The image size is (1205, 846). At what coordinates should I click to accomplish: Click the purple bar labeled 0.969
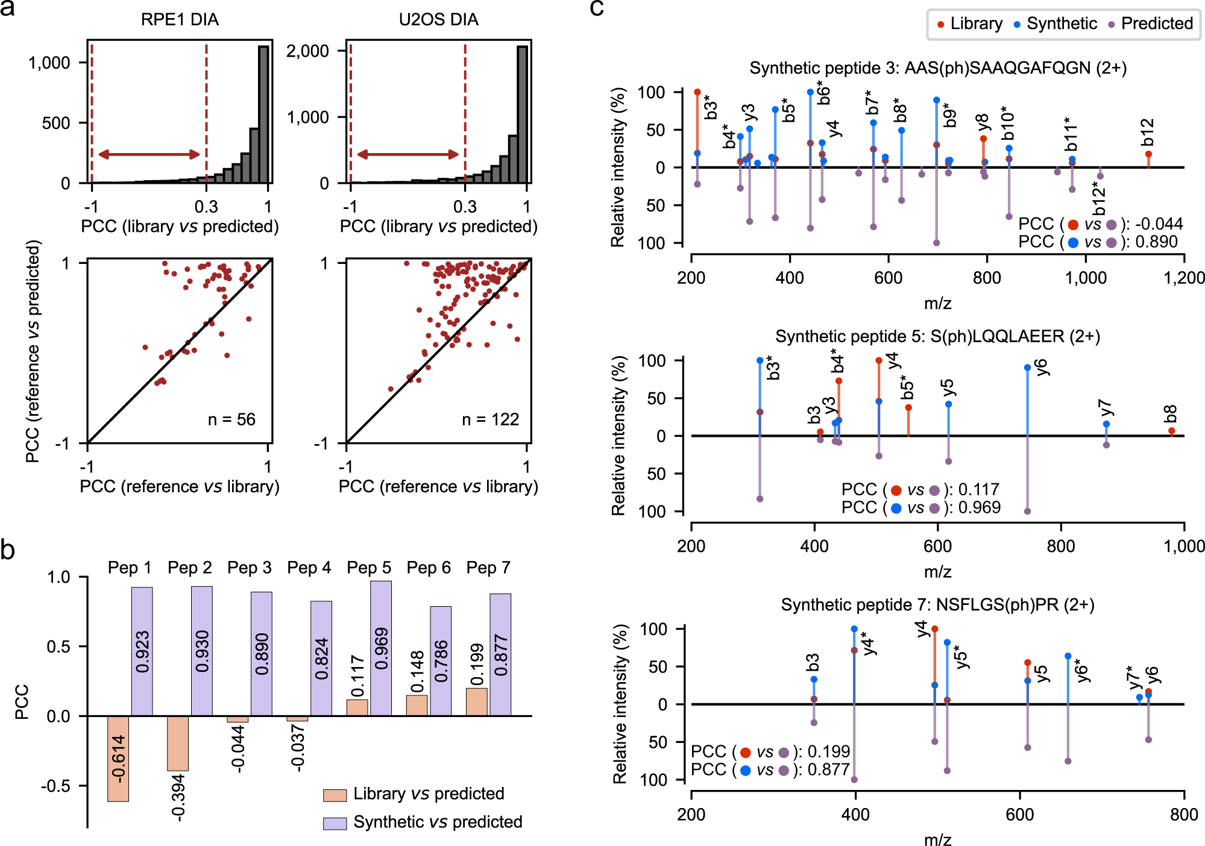pyautogui.click(x=380, y=648)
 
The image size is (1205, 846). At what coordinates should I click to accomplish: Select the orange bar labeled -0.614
pyautogui.click(x=118, y=758)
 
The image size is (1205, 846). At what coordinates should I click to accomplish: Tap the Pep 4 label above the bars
pyautogui.click(x=309, y=568)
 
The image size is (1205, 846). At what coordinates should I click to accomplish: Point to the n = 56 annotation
pyautogui.click(x=231, y=419)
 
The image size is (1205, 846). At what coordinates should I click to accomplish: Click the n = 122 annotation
pyautogui.click(x=490, y=419)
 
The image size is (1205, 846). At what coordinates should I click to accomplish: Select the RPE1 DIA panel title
pyautogui.click(x=180, y=20)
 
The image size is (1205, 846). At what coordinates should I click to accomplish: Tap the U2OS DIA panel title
pyautogui.click(x=438, y=20)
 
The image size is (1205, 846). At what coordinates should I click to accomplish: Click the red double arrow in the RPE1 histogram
pyautogui.click(x=149, y=154)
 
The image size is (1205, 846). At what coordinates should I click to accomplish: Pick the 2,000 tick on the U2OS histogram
pyautogui.click(x=307, y=51)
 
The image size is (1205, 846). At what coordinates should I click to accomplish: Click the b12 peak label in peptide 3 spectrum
pyautogui.click(x=1147, y=133)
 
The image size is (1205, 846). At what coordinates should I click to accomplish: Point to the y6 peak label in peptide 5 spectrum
pyautogui.click(x=1041, y=368)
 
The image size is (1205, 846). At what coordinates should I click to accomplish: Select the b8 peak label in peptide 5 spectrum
pyautogui.click(x=1170, y=414)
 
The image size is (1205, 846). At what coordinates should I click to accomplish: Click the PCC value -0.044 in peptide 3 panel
pyautogui.click(x=1159, y=224)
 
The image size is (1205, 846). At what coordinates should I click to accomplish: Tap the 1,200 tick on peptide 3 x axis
pyautogui.click(x=1184, y=278)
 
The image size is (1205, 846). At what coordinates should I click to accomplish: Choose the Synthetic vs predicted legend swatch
pyautogui.click(x=335, y=823)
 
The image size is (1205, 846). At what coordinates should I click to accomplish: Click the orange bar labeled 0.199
pyautogui.click(x=477, y=702)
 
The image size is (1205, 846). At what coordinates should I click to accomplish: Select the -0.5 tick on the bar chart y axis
pyautogui.click(x=59, y=786)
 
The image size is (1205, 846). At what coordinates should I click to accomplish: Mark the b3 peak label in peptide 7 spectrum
pyautogui.click(x=813, y=663)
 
